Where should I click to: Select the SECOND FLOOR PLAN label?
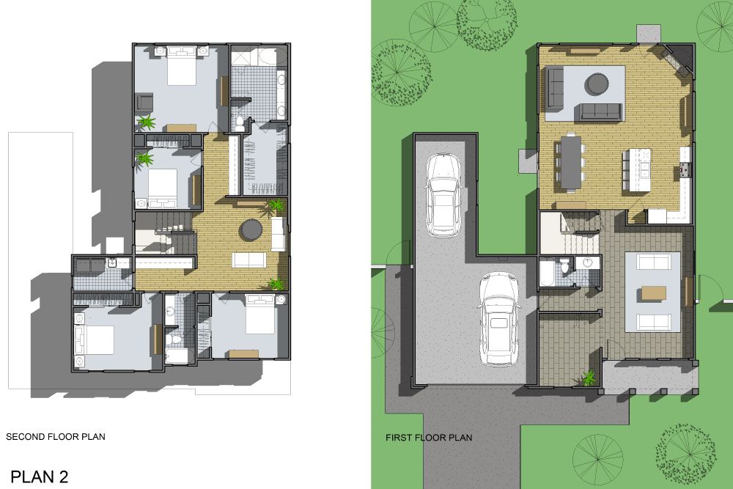56,437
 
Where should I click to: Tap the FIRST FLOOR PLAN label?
429,438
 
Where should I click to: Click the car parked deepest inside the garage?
443,195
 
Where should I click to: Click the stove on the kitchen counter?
684,170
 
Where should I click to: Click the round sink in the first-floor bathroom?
587,262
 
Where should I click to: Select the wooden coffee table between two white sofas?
653,293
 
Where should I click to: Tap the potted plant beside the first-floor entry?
589,378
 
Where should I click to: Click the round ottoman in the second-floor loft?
251,230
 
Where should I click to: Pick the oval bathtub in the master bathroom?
265,57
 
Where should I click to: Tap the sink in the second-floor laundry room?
113,264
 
